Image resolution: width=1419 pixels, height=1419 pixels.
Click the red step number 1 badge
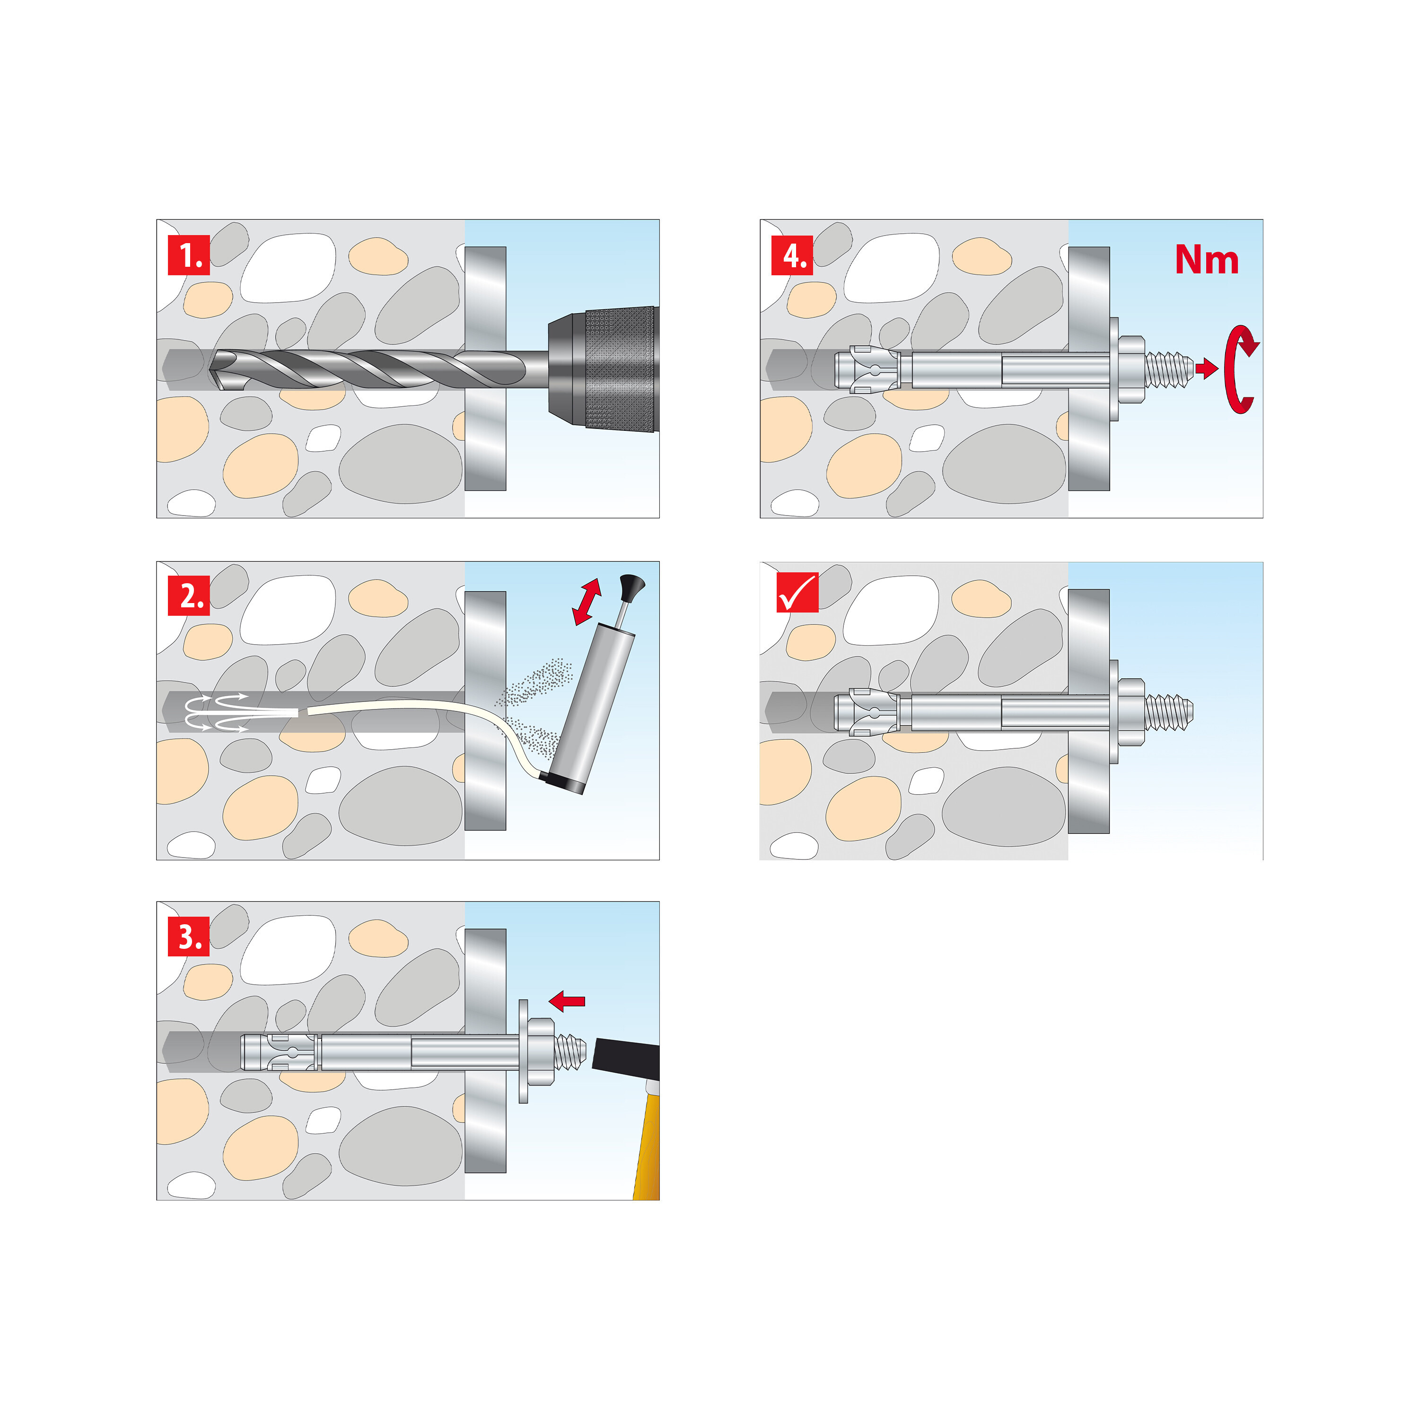tap(189, 255)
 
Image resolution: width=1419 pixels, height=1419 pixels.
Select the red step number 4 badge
tap(792, 255)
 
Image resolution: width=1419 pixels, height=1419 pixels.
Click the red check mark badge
tap(797, 593)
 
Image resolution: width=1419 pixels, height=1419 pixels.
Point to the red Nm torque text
tap(1206, 260)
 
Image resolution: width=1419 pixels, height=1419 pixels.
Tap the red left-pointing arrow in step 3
tap(567, 1000)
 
